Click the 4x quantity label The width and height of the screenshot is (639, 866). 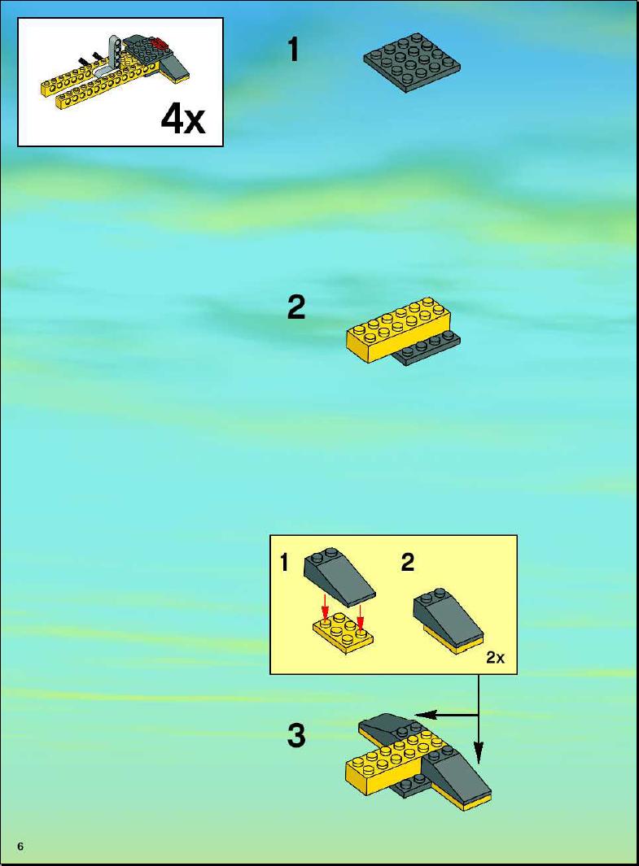pyautogui.click(x=183, y=119)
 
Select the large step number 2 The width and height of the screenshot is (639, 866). pyautogui.click(x=296, y=307)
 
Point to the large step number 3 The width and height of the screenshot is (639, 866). pyautogui.click(x=296, y=735)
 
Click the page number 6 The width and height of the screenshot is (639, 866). pyautogui.click(x=21, y=846)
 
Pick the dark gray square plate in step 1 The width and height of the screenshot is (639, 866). pyautogui.click(x=412, y=63)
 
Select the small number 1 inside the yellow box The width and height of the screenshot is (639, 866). pyautogui.click(x=284, y=564)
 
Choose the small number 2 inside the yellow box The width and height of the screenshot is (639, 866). pyautogui.click(x=407, y=563)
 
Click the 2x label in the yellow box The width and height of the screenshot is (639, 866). pyautogui.click(x=495, y=658)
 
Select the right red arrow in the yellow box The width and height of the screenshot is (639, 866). pyautogui.click(x=360, y=617)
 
